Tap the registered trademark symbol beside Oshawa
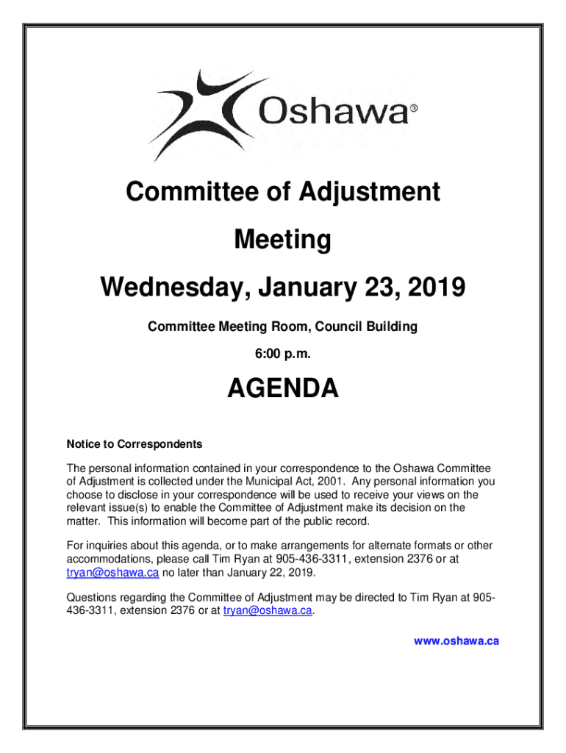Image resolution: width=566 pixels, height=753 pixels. click(x=413, y=109)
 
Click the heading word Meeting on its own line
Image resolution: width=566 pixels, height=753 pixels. click(x=282, y=240)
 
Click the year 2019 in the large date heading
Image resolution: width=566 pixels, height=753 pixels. click(x=434, y=287)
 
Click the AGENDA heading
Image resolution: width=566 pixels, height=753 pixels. click(x=282, y=389)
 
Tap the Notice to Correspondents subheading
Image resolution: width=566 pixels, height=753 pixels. click(x=134, y=444)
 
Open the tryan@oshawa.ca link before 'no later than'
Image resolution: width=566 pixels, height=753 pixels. click(x=112, y=573)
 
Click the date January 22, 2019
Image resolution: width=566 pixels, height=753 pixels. click(x=271, y=573)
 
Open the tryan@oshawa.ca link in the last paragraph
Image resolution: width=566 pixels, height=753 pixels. click(x=268, y=610)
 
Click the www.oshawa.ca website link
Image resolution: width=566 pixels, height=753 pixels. click(x=456, y=640)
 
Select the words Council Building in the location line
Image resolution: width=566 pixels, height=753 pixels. click(x=373, y=326)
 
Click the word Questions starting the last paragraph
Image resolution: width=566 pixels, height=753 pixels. click(x=92, y=596)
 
